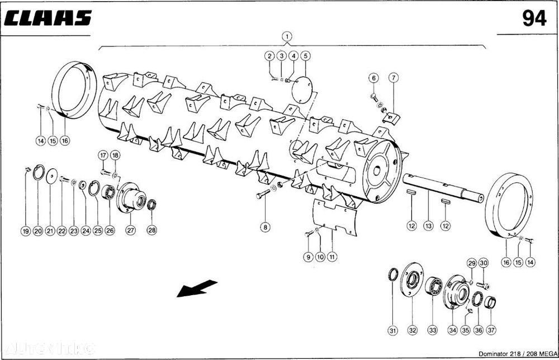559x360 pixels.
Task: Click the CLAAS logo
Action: click(48, 18)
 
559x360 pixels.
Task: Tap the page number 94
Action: click(534, 18)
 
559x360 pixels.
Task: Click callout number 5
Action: click(305, 56)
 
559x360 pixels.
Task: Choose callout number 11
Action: click(332, 257)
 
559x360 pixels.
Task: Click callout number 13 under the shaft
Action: click(428, 226)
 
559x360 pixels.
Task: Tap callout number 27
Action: click(131, 231)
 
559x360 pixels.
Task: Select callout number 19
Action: click(25, 231)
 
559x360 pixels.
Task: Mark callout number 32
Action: click(413, 331)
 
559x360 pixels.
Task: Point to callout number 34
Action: click(452, 331)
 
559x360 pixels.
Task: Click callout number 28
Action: click(152, 231)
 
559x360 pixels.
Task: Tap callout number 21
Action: click(50, 231)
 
